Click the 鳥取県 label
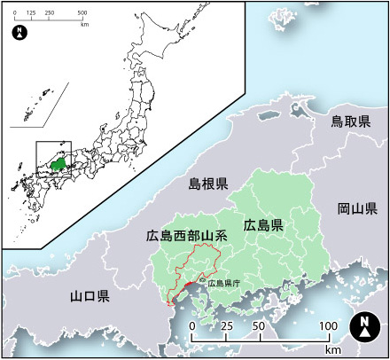pos(350,120)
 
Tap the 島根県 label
pos(208,184)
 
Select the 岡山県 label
pos(357,209)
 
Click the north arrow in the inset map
pos(20,34)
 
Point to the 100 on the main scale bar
pos(327,326)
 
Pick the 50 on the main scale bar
pos(259,326)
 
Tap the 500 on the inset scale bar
pos(82,14)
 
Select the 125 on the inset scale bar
pos(31,14)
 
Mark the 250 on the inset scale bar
pos(49,14)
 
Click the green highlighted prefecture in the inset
pos(58,164)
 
